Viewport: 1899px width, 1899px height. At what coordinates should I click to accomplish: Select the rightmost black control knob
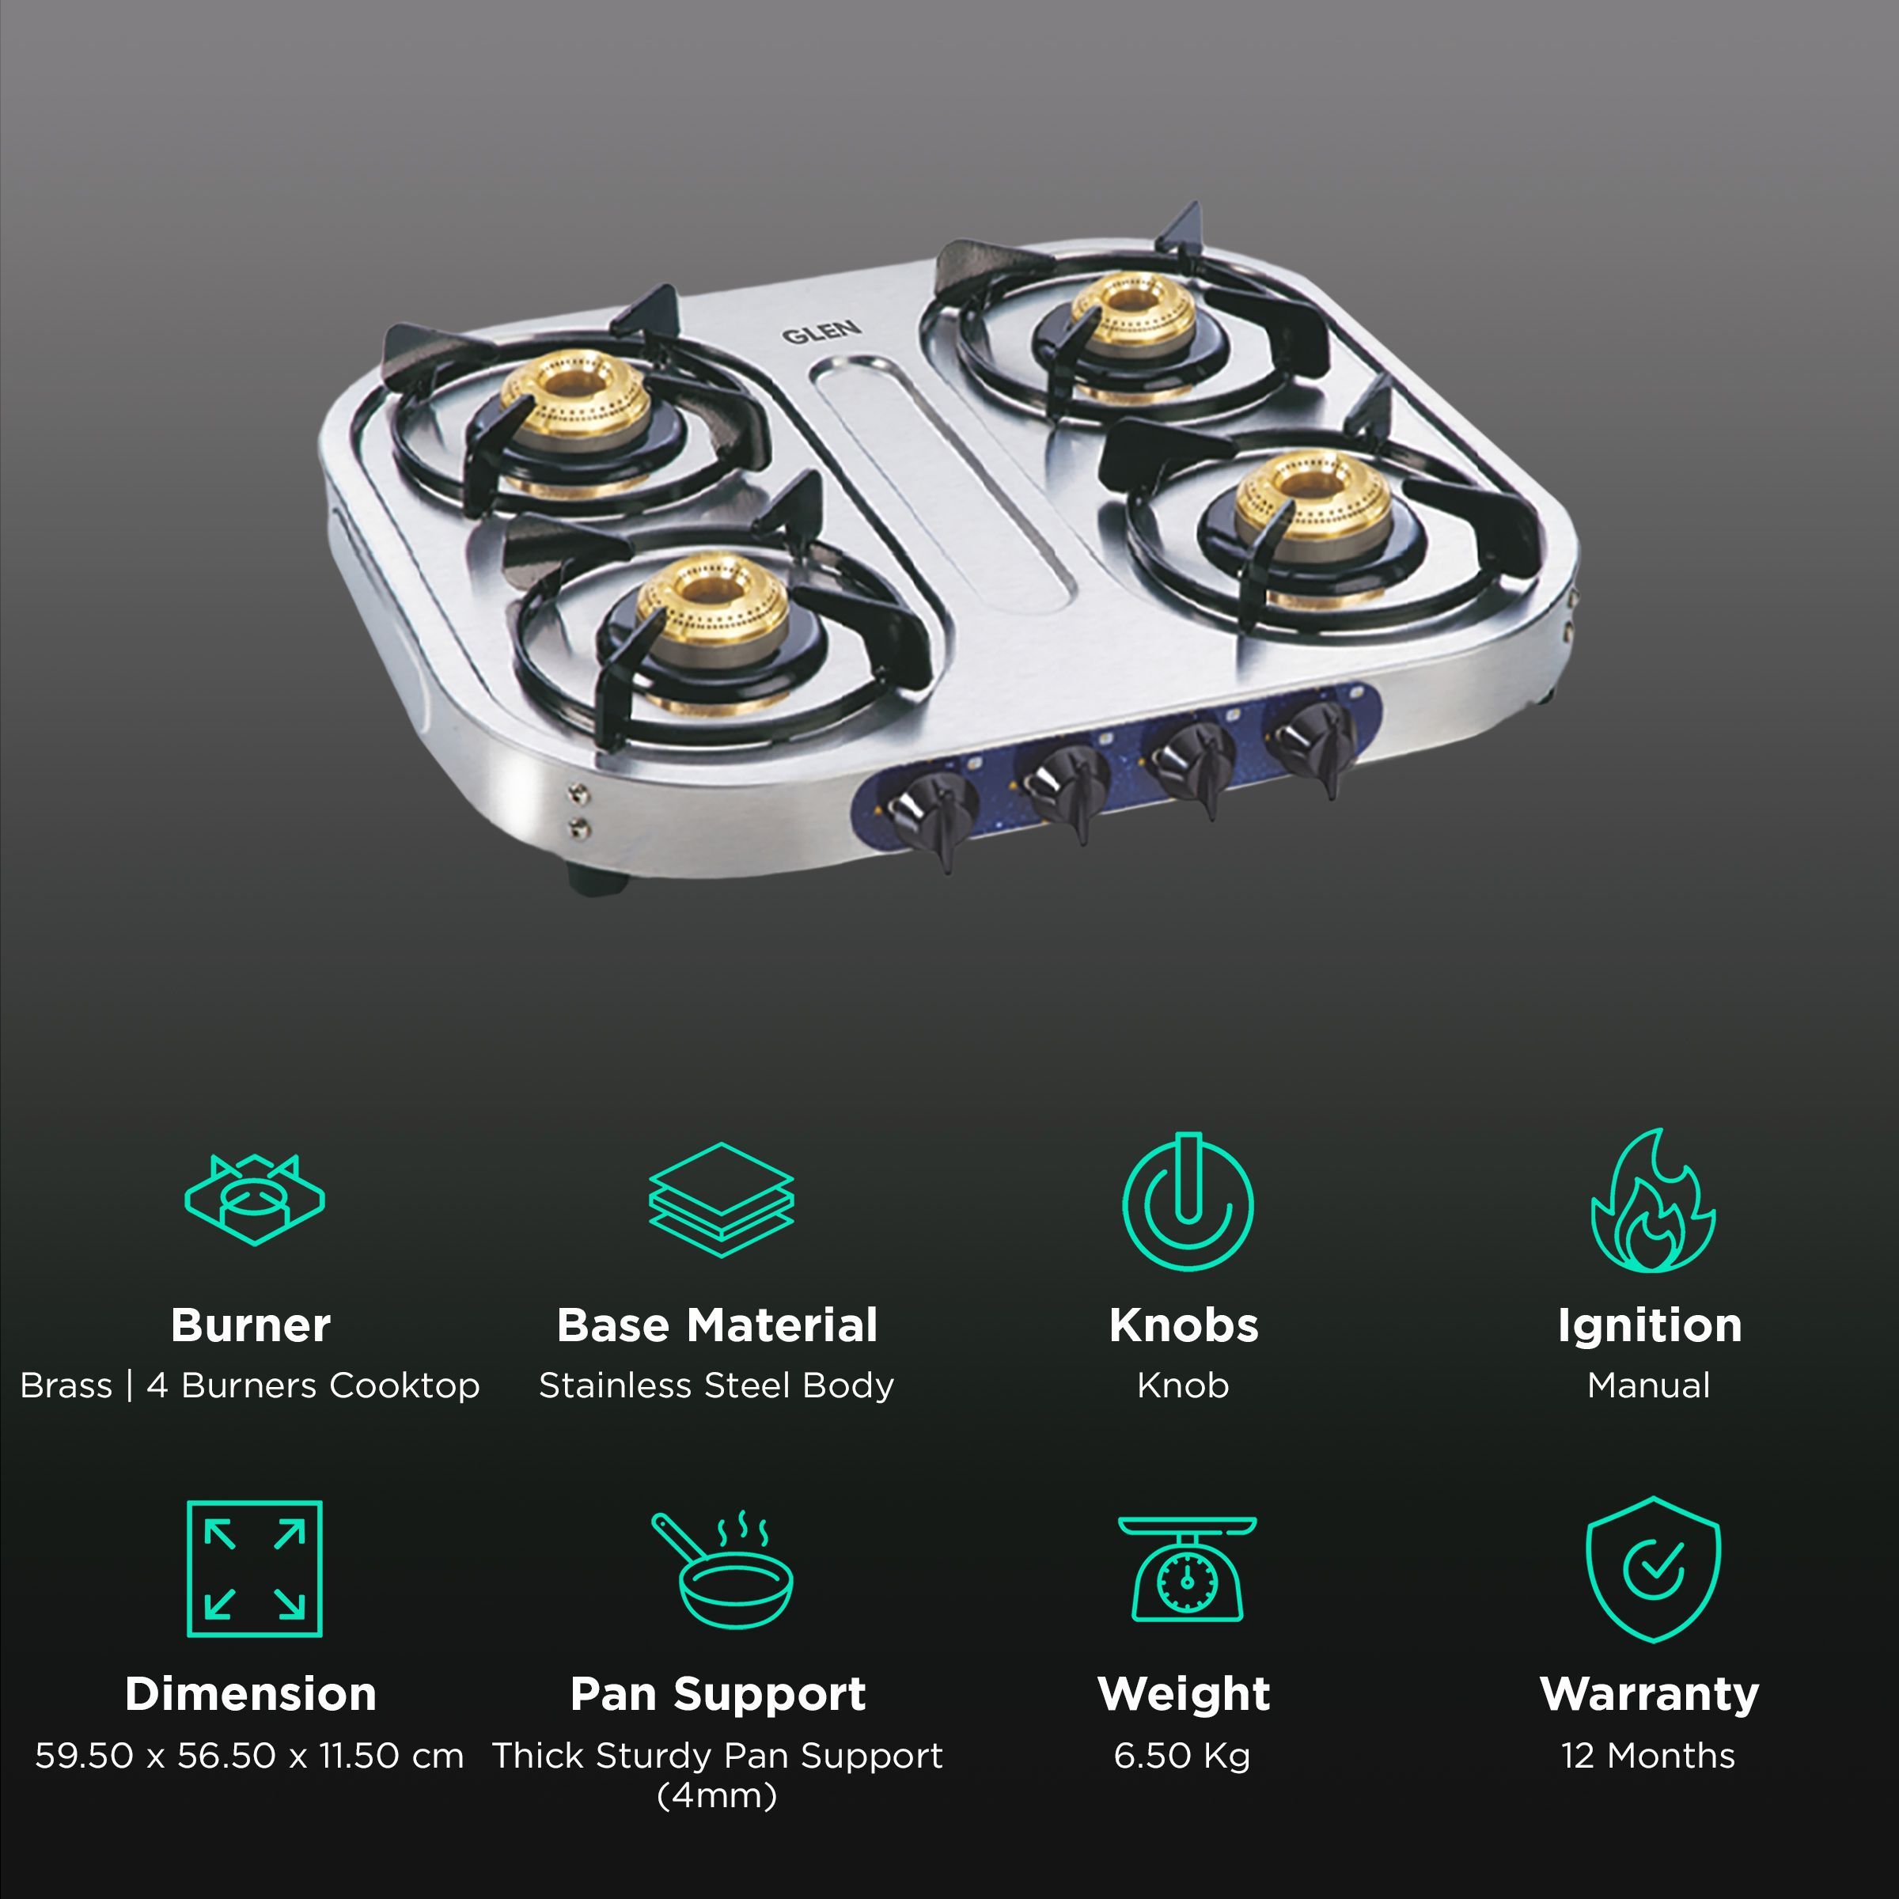point(1311,738)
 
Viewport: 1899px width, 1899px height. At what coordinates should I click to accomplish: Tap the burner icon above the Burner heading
point(255,1200)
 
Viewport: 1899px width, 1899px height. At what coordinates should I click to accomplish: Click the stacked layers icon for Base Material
point(721,1200)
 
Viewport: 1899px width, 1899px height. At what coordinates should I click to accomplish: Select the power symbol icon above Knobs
point(1188,1201)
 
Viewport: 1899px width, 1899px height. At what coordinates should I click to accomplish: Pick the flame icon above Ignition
point(1652,1201)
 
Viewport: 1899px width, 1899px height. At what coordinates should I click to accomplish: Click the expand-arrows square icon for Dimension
point(255,1569)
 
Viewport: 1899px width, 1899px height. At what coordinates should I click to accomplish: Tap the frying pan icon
point(722,1569)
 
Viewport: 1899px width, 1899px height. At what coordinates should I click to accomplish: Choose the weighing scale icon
point(1188,1569)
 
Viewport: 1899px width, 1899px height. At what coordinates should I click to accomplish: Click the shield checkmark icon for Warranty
point(1653,1569)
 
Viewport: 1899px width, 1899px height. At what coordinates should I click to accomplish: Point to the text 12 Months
point(1648,1756)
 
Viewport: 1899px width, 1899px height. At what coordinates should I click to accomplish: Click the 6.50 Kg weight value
point(1181,1756)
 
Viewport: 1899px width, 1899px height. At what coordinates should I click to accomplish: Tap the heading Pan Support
point(718,1693)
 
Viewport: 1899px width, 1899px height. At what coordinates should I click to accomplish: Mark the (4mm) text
point(717,1796)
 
